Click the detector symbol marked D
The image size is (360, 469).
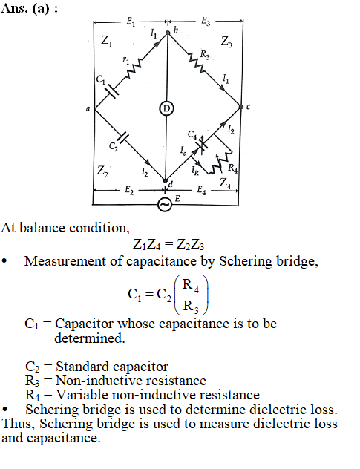click(x=166, y=108)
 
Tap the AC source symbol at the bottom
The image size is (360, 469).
click(x=165, y=205)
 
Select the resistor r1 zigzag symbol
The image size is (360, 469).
click(x=132, y=68)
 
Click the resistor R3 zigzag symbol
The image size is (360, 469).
click(x=197, y=63)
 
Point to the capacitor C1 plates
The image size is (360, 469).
click(x=112, y=90)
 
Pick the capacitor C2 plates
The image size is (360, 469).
click(x=122, y=137)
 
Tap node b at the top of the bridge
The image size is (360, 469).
click(x=168, y=33)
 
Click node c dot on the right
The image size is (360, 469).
click(x=241, y=106)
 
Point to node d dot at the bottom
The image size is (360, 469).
click(x=165, y=180)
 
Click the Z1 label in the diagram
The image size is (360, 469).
click(x=106, y=40)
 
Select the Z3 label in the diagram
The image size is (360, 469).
click(x=226, y=42)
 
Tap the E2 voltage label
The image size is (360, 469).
click(x=129, y=190)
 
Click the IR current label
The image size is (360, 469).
click(x=194, y=171)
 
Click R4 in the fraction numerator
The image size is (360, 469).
click(x=191, y=285)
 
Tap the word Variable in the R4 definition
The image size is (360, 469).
click(x=82, y=395)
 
